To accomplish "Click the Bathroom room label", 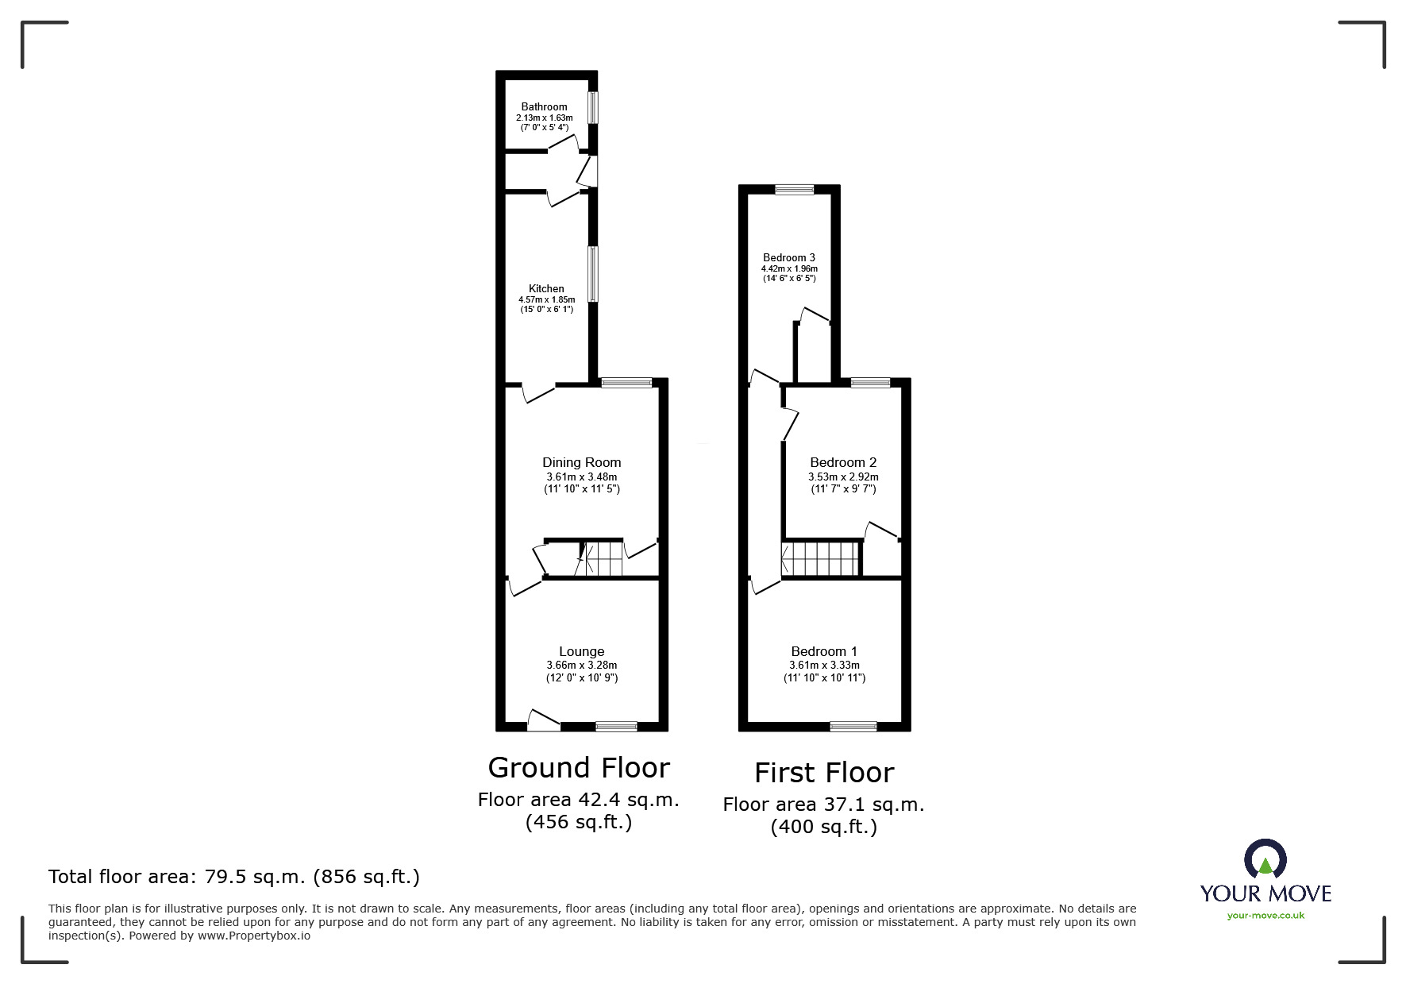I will [544, 106].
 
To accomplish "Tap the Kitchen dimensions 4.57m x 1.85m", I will [546, 299].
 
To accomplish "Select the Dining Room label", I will [581, 462].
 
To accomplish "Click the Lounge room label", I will [581, 651].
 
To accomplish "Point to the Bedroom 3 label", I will [788, 257].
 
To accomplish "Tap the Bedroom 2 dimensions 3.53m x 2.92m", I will [843, 477].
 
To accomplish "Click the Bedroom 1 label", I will [824, 651].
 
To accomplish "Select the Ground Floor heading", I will [579, 767].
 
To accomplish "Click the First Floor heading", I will [824, 772].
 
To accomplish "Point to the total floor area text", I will [234, 877].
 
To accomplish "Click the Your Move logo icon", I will [1265, 859].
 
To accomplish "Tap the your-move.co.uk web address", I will [1265, 916].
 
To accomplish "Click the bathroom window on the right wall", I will [593, 107].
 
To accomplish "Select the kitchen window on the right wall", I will [593, 273].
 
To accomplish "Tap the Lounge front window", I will [616, 725].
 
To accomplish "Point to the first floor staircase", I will [821, 558].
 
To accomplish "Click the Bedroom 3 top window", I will [795, 189].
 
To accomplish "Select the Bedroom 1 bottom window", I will [853, 726].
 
